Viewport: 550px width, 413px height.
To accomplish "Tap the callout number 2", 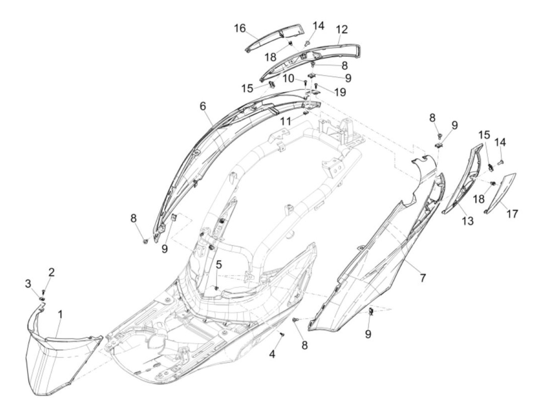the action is pos(51,271).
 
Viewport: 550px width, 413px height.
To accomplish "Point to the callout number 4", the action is pos(272,355).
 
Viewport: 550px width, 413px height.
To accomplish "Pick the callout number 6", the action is pos(202,106).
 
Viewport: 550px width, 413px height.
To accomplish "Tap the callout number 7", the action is pos(422,278).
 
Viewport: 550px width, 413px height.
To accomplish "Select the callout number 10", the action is pos(289,78).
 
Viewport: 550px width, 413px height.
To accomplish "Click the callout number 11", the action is pos(286,122).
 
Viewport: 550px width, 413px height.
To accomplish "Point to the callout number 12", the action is pos(342,29).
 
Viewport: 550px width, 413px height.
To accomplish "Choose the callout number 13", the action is pos(467,221).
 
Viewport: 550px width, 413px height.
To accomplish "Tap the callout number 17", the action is pos(512,214).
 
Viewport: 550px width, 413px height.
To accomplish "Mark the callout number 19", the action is pos(340,92).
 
